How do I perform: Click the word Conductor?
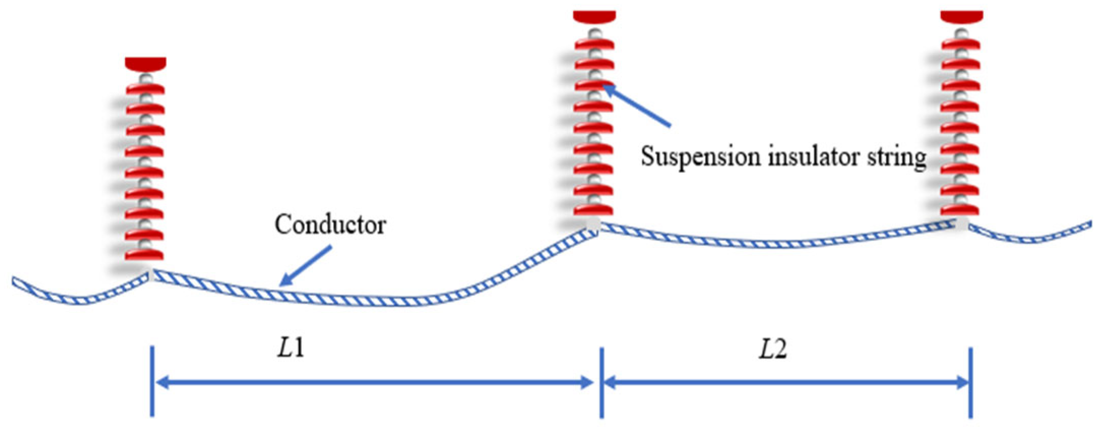(330, 224)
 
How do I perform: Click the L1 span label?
(291, 349)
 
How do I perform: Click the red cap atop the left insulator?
(145, 64)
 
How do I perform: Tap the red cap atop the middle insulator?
(595, 16)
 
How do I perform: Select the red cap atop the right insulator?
(962, 16)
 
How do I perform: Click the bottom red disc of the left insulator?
(144, 254)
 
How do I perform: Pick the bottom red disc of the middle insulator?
(594, 209)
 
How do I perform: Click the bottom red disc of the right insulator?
(960, 209)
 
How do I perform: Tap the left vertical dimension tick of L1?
(152, 381)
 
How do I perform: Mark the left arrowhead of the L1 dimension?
(161, 382)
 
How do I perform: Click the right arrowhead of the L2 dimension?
(963, 382)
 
